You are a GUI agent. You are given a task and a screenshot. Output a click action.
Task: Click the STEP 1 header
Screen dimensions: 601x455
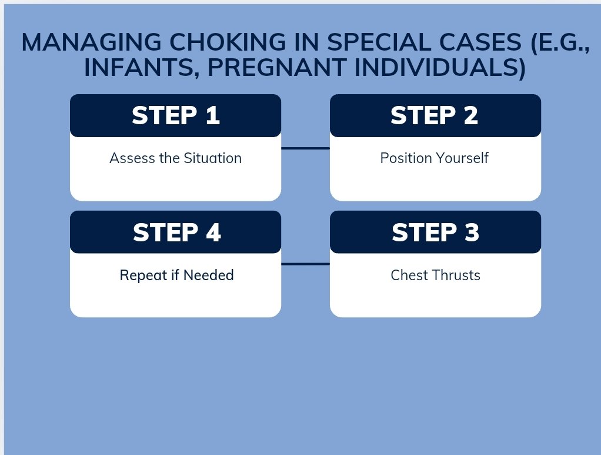point(176,115)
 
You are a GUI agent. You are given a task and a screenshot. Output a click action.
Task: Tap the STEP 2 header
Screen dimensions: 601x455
point(435,115)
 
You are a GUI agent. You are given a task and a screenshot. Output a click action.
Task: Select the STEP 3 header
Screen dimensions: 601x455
point(435,232)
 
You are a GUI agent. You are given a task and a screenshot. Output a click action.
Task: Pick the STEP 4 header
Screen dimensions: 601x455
point(176,232)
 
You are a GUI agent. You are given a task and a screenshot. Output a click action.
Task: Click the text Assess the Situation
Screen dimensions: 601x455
point(176,158)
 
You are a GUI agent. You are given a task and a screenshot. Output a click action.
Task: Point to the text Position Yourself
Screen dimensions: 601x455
point(434,158)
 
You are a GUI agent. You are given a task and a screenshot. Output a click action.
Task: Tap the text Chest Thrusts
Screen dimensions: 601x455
point(435,275)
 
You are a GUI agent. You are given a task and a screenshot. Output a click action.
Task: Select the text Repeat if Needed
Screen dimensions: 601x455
point(176,275)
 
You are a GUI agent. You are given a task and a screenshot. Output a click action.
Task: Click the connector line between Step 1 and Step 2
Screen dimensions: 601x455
point(305,148)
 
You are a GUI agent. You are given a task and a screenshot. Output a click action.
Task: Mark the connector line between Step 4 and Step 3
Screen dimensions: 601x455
point(305,264)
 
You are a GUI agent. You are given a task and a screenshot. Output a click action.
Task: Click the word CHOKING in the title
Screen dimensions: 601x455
point(228,42)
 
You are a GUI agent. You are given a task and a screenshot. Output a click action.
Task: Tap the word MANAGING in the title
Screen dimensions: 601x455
point(91,42)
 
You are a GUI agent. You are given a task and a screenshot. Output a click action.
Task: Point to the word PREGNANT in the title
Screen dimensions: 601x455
point(277,68)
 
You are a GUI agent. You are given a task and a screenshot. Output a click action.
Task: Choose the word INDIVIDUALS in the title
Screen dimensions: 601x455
point(440,68)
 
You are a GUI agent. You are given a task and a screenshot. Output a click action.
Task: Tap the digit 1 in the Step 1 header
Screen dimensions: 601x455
point(213,115)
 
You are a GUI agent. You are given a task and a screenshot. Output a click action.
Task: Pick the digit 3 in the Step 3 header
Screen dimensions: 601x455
point(472,232)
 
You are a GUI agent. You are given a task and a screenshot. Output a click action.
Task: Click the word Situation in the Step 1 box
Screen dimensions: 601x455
point(213,158)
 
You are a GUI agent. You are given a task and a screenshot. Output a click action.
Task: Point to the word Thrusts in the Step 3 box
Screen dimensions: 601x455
point(457,275)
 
